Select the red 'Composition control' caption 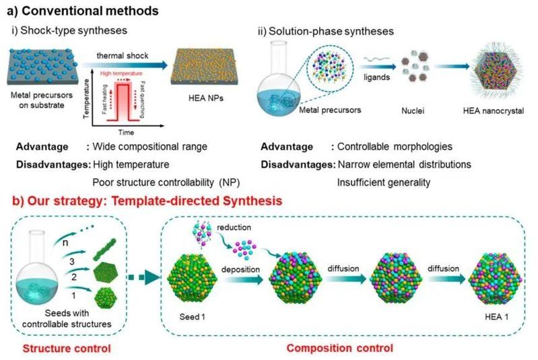340,349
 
